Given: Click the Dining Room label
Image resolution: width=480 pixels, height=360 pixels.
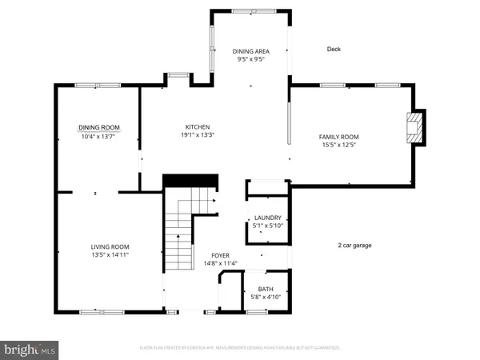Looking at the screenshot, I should pos(99,127).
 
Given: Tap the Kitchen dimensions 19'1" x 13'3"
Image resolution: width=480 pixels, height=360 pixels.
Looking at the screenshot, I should pos(198,135).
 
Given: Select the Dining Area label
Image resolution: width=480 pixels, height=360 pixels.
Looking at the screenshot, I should pos(250,50).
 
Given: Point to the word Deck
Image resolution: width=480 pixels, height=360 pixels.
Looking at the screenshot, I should pos(334,49).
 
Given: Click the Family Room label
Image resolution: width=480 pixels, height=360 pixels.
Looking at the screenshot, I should pos(339,137).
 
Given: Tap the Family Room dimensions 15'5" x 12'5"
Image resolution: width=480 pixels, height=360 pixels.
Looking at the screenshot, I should pos(339,145).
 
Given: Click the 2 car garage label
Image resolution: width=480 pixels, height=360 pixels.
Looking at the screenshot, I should pos(354,246).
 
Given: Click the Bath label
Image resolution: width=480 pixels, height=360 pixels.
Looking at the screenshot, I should pos(266,289).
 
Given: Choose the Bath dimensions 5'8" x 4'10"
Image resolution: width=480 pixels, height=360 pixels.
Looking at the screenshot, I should pos(266,297).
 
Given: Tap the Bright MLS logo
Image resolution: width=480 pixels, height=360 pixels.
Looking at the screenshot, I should pos(30,349).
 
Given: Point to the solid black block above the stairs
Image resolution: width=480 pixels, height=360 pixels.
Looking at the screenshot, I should pos(191,181).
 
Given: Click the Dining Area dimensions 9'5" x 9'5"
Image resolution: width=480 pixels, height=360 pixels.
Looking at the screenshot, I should pos(250,58).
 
